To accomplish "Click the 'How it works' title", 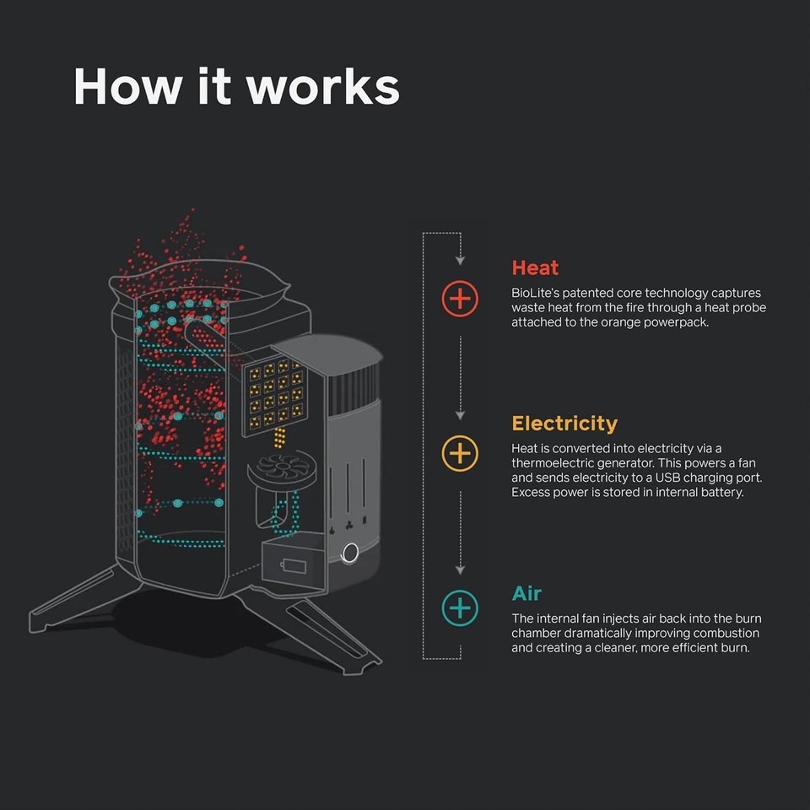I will point(236,86).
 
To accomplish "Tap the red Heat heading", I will point(535,267).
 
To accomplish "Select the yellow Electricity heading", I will point(564,423).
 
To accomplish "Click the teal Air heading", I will point(526,592).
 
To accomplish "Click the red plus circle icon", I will point(460,299).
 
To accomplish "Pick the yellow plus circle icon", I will point(460,454).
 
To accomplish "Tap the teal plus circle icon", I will point(460,607).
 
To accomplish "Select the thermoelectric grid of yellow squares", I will point(273,393).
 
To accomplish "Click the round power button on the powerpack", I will point(348,553).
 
